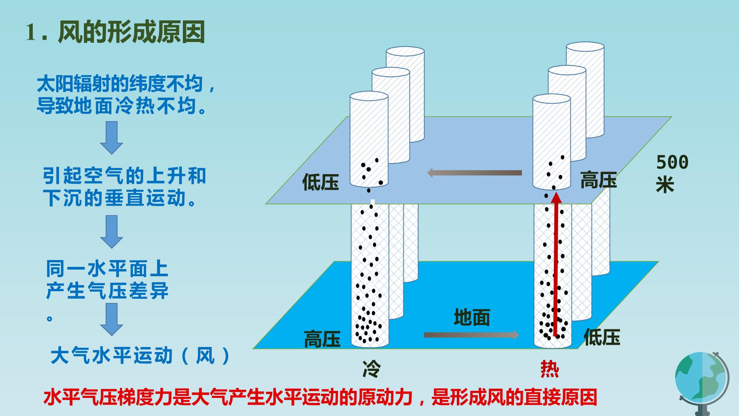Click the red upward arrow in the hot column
[x=556, y=265]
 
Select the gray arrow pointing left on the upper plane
[x=475, y=173]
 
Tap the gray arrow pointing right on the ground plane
[x=471, y=335]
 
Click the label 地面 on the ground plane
[x=472, y=318]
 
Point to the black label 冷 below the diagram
[x=371, y=369]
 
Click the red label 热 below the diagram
[x=550, y=369]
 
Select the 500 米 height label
[x=672, y=173]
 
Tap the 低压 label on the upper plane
[x=321, y=182]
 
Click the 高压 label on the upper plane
[x=599, y=180]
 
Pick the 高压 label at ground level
[x=322, y=339]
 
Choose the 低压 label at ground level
[x=602, y=337]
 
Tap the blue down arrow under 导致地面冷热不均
[x=112, y=138]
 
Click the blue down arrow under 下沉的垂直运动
[x=112, y=231]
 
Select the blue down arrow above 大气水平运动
[x=112, y=319]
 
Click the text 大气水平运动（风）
[x=140, y=355]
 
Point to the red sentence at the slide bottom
[x=320, y=397]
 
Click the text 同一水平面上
[x=107, y=269]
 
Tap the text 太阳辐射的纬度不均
[x=120, y=84]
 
